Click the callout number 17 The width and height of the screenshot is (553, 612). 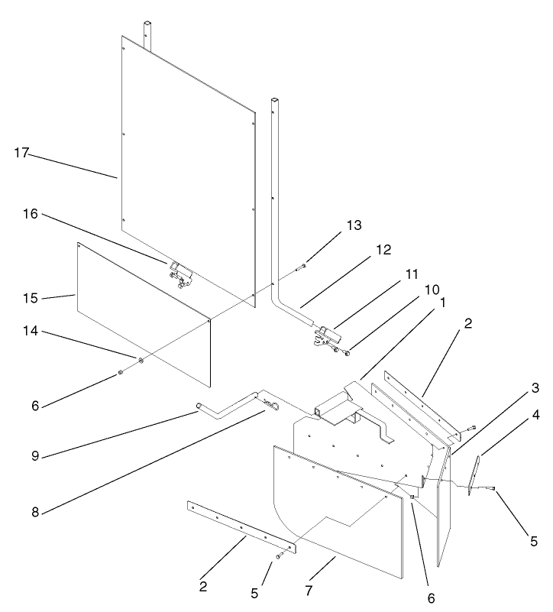(21, 153)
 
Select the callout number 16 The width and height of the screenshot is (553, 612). (30, 216)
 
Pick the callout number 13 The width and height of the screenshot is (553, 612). (353, 225)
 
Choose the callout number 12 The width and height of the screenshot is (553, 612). (383, 250)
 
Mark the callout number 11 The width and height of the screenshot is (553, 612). (390, 272)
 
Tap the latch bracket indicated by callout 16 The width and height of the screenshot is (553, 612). (179, 273)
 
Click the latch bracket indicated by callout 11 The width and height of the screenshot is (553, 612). (326, 337)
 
